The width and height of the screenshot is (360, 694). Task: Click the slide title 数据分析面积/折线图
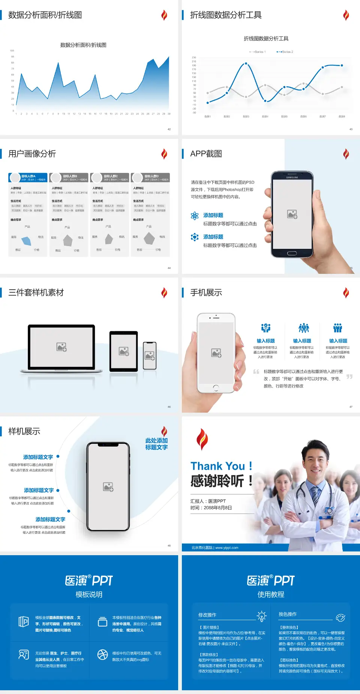pyautogui.click(x=45, y=15)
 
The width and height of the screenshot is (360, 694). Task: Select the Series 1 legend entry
pyautogui.click(x=258, y=52)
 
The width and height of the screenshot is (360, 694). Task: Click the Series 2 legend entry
pyautogui.click(x=285, y=52)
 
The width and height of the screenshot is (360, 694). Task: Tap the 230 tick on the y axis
pyautogui.click(x=194, y=57)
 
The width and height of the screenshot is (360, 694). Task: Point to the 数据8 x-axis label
pyautogui.click(x=342, y=117)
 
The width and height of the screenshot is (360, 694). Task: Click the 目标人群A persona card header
pyautogui.click(x=28, y=177)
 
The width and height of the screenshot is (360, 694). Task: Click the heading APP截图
pyautogui.click(x=206, y=154)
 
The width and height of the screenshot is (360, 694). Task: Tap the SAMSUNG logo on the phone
pyautogui.click(x=292, y=177)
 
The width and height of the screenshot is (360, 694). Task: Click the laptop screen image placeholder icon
pyautogui.click(x=61, y=347)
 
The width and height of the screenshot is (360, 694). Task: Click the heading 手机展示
pyautogui.click(x=206, y=293)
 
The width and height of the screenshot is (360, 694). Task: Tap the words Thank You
pyautogui.click(x=217, y=466)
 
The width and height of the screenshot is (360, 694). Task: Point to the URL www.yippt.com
pyautogui.click(x=226, y=548)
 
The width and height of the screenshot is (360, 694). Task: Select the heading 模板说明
pyautogui.click(x=89, y=595)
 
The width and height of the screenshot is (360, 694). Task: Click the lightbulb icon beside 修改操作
pyautogui.click(x=261, y=616)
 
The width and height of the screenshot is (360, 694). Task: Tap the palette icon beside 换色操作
pyautogui.click(x=340, y=617)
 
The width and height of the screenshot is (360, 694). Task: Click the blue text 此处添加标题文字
pyautogui.click(x=156, y=444)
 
